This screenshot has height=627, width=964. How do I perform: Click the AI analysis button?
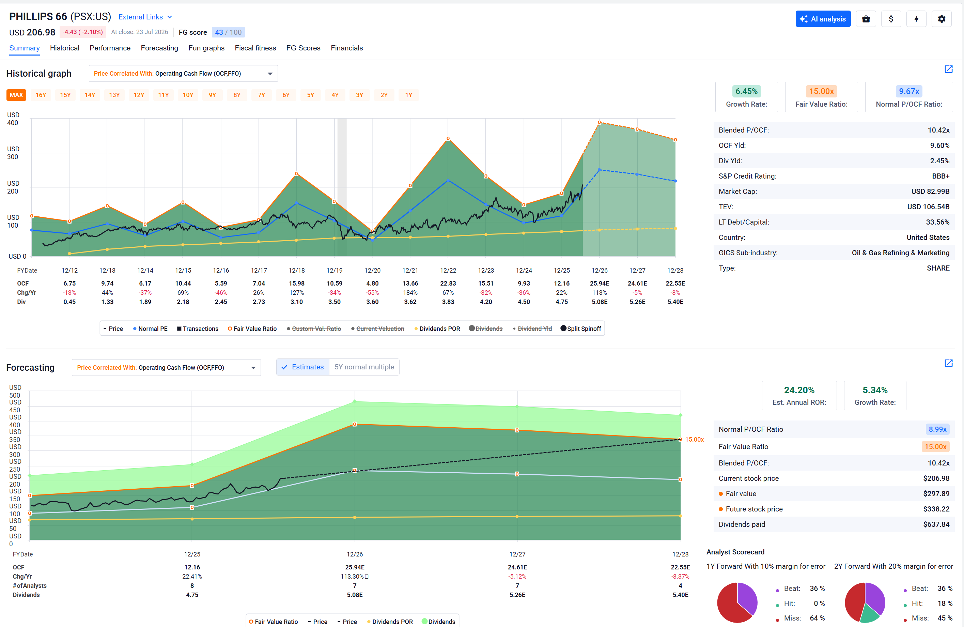pyautogui.click(x=823, y=19)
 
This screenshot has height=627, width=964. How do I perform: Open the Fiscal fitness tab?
pyautogui.click(x=255, y=48)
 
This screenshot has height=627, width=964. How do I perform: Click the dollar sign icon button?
pyautogui.click(x=891, y=19)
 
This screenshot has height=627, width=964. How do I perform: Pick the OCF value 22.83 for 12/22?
pyautogui.click(x=448, y=283)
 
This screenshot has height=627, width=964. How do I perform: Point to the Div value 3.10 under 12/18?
pyautogui.click(x=296, y=302)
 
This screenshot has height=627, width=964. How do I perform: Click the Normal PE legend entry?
pyautogui.click(x=150, y=329)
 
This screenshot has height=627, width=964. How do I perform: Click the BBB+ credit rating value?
pyautogui.click(x=940, y=176)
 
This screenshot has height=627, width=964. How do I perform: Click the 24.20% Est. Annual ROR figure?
pyautogui.click(x=799, y=390)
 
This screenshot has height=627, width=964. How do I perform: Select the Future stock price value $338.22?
pyautogui.click(x=936, y=509)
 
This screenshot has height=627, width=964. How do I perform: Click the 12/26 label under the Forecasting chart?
pyautogui.click(x=355, y=554)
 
